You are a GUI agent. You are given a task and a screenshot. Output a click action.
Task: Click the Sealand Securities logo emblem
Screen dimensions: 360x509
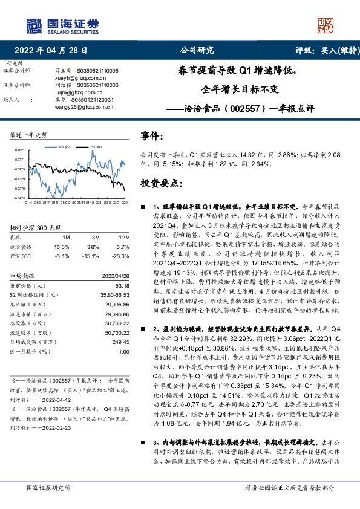pyautogui.click(x=34, y=26)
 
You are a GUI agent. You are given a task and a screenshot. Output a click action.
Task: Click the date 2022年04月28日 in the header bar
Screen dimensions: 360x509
pyautogui.click(x=54, y=51)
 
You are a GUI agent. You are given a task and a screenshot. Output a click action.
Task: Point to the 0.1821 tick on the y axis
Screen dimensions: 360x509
pyautogui.click(x=20, y=149)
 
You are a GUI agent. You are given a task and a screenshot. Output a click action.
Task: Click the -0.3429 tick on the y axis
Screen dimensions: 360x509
pyautogui.click(x=20, y=198)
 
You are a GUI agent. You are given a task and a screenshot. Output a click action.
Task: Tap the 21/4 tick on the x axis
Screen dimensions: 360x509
pyautogui.click(x=28, y=203)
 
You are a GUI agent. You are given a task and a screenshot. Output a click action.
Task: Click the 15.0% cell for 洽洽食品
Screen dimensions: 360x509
pyautogui.click(x=62, y=247)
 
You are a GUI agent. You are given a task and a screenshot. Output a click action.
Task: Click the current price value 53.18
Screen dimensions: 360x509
pyautogui.click(x=122, y=285)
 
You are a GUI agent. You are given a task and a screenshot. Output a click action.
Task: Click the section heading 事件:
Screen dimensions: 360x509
pyautogui.click(x=151, y=137)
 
